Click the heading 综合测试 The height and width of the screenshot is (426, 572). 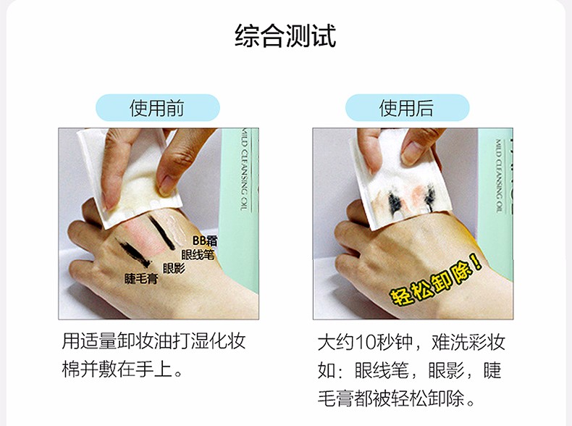pos(285,35)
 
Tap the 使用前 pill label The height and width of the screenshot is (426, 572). pos(158,108)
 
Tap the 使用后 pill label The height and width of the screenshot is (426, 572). pos(407,108)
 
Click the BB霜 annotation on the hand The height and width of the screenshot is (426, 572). pos(205,241)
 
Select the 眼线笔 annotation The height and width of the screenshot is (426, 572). pos(198,254)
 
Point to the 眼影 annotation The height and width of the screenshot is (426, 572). pos(174,268)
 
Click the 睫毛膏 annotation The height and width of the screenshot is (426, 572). pos(141,279)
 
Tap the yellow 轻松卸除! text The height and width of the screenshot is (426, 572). pos(436,280)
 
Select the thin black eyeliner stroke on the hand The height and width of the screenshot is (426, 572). pos(161,233)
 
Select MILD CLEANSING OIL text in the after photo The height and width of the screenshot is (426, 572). pos(499,175)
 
